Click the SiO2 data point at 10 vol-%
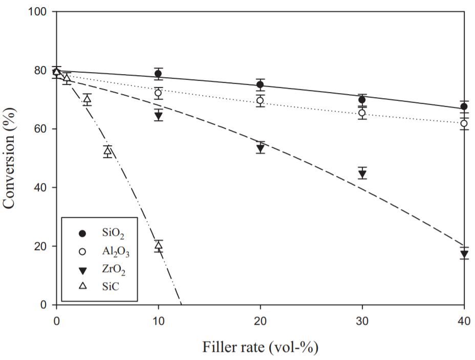click(x=158, y=74)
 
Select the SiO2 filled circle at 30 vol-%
click(x=362, y=100)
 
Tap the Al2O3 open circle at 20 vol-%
click(x=260, y=101)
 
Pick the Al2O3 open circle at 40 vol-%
click(x=464, y=123)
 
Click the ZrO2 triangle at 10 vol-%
click(x=158, y=116)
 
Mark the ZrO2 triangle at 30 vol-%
click(x=362, y=174)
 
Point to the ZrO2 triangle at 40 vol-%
click(x=464, y=254)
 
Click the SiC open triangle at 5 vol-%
click(x=107, y=151)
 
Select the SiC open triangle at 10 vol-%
click(x=158, y=245)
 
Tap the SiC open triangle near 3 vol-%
click(x=87, y=99)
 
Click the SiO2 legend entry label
click(x=113, y=234)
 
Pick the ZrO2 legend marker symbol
click(x=82, y=271)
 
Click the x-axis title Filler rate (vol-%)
click(x=260, y=347)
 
